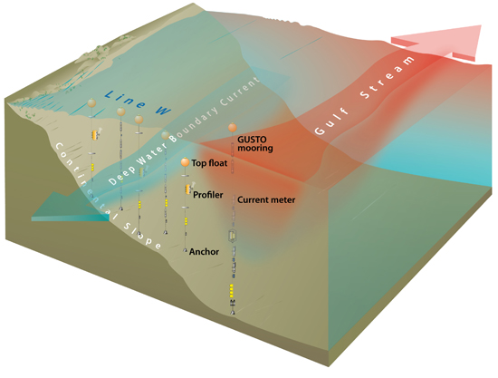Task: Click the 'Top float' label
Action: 209,163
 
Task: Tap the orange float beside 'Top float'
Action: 185,162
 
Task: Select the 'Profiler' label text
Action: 208,195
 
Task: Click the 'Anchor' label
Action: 204,251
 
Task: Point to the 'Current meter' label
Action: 266,199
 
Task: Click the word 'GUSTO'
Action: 253,140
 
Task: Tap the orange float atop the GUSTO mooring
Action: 233,128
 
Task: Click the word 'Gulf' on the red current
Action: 331,122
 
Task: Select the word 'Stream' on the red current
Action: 388,77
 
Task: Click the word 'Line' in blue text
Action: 126,99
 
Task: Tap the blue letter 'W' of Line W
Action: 163,110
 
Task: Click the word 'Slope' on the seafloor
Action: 142,236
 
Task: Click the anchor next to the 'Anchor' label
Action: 185,251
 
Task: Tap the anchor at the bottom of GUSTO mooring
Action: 233,312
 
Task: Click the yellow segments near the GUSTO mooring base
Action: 232,291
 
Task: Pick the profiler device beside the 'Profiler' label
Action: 189,189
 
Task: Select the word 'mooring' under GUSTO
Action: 255,148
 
